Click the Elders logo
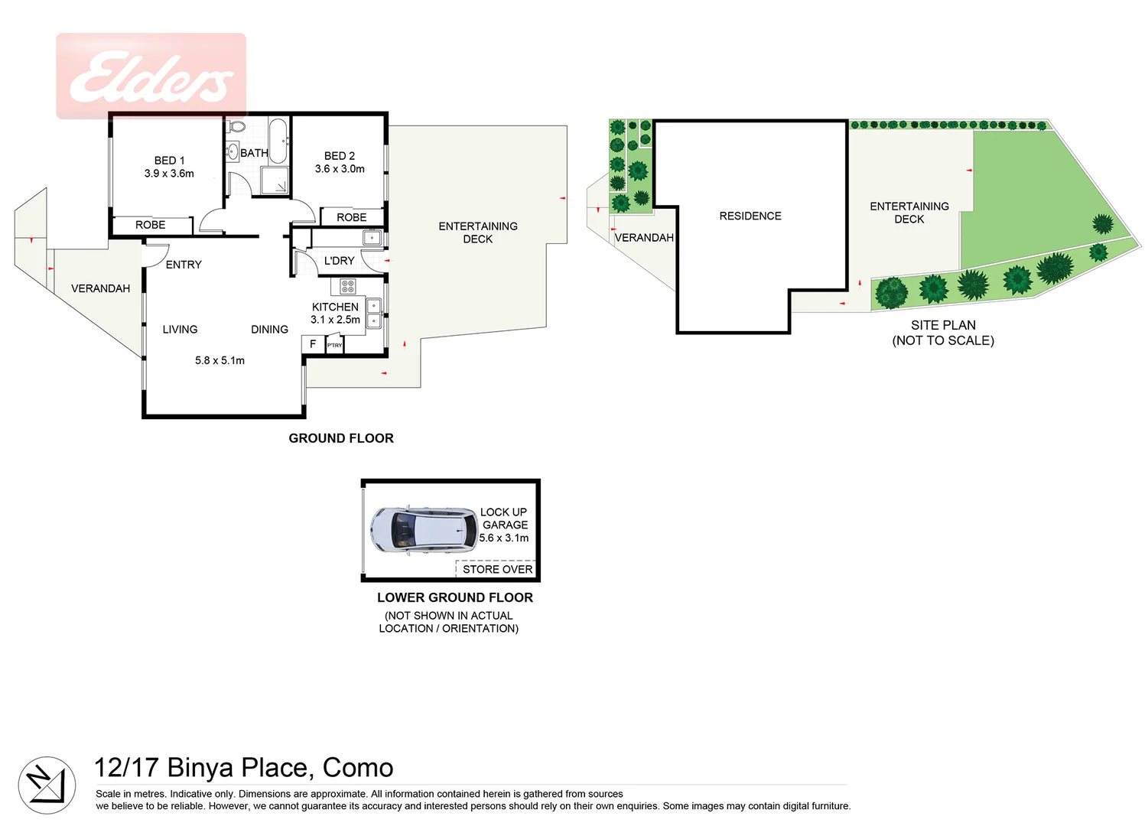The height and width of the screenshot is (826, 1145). (151, 77)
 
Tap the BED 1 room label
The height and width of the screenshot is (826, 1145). (169, 161)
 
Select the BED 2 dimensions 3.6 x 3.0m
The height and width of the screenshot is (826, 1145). (340, 169)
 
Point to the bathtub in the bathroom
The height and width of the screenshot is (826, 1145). (278, 140)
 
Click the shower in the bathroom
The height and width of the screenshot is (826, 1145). (275, 181)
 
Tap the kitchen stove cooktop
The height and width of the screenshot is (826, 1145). (348, 287)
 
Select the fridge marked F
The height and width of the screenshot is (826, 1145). (313, 344)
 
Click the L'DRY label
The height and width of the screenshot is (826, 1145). (339, 261)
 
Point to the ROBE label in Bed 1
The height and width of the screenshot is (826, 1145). (151, 225)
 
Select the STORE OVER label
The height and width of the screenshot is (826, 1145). (497, 569)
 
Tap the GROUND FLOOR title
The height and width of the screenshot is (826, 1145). (341, 438)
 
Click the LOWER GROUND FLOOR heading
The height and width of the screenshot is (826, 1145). (454, 597)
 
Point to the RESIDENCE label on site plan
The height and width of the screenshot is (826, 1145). (750, 216)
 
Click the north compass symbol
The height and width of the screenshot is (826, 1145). (47, 785)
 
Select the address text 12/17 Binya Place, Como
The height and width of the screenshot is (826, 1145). (243, 767)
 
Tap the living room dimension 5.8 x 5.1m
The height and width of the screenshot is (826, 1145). (220, 360)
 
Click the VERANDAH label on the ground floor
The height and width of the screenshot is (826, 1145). (100, 288)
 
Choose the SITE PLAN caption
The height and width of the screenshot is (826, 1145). (943, 325)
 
